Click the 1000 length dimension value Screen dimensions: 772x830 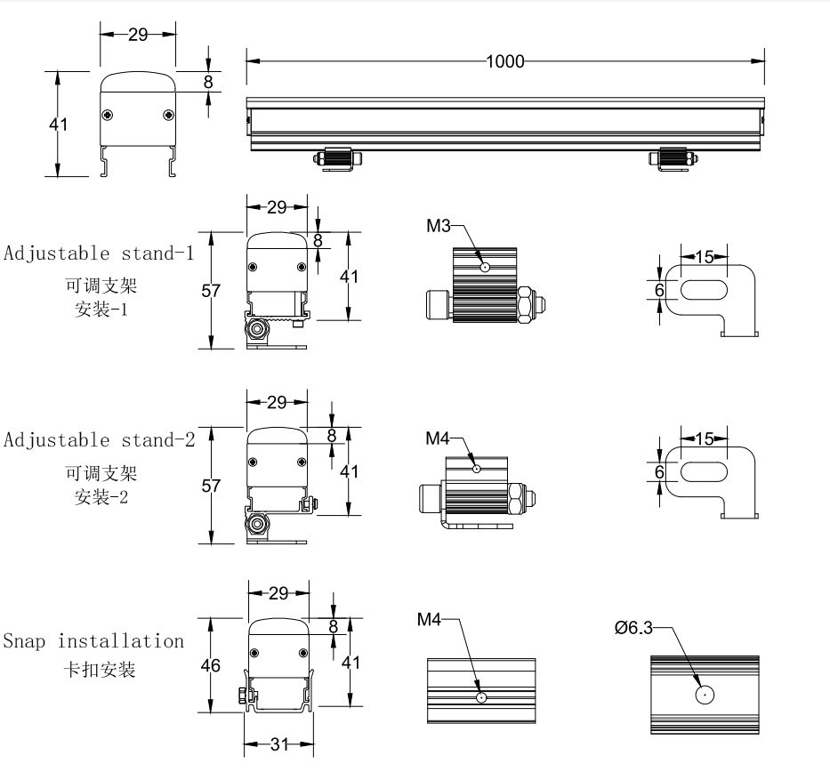[x=505, y=61]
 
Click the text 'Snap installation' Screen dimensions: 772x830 [x=93, y=640]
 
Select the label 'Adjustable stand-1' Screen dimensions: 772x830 [x=98, y=253]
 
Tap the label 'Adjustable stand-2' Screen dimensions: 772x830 [x=99, y=439]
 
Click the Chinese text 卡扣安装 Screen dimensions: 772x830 [x=97, y=669]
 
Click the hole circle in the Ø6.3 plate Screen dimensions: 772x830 [x=704, y=696]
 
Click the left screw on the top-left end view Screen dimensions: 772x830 [x=108, y=115]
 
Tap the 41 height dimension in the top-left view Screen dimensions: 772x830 [x=58, y=125]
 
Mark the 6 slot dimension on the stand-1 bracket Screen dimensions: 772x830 [x=659, y=290]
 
